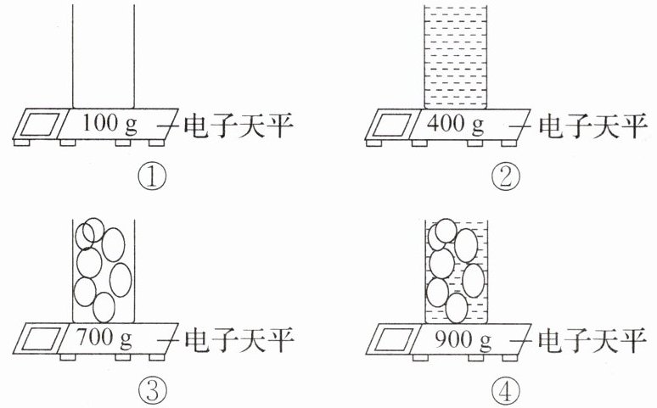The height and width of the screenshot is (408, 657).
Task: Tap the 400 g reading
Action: coord(455,125)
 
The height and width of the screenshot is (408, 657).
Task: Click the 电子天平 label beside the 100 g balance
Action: coord(239,126)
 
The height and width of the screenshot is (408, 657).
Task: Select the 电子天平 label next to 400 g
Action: coord(587,126)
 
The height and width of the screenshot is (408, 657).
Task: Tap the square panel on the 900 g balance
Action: coord(389,339)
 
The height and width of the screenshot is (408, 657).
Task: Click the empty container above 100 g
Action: coord(104,55)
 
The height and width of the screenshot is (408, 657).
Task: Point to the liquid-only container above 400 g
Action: coord(454,55)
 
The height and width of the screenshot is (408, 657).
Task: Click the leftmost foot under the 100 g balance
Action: coord(22,143)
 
